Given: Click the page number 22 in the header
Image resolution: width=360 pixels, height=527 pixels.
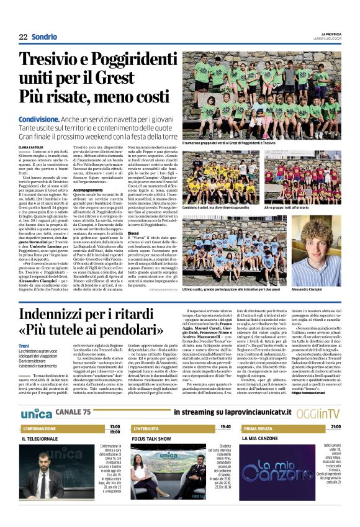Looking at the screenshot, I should pyautogui.click(x=23, y=37).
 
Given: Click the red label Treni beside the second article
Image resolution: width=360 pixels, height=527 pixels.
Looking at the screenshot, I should pyautogui.click(x=24, y=345).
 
